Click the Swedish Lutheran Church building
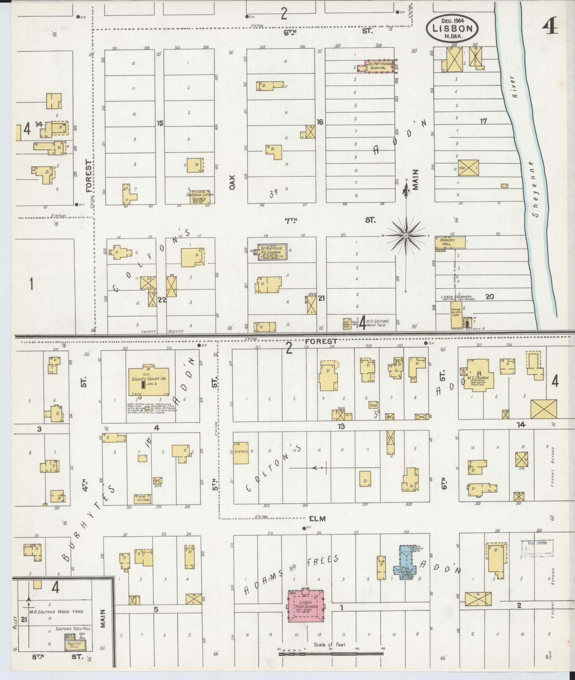coord(200,196)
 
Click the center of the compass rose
coord(406,235)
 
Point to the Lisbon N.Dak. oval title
coord(452,28)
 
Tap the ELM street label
coord(317,519)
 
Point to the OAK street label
coord(232,182)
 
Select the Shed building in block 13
coord(373,405)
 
